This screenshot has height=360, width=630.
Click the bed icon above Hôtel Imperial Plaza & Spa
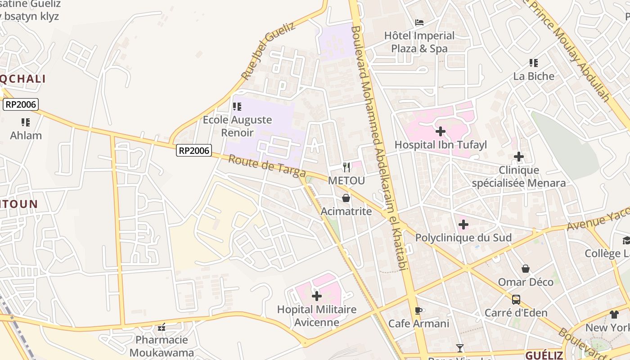coord(419,22)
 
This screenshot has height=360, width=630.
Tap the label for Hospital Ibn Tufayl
coord(441,145)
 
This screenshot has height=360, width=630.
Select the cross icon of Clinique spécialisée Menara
coord(519,157)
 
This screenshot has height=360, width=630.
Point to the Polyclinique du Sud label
coord(463,238)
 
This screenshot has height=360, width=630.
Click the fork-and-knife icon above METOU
coord(346,167)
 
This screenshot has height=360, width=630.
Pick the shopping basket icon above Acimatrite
coord(346,198)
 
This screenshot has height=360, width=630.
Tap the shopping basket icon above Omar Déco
coord(525,269)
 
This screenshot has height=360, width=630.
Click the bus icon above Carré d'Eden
coord(516,299)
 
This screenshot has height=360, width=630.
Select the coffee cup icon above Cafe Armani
coord(418,310)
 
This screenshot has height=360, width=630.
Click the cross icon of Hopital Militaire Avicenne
coord(317,296)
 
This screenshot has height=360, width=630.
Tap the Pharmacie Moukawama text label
coord(162,346)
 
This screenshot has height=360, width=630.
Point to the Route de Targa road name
coord(267,166)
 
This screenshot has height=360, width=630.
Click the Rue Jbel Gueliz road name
coord(268,50)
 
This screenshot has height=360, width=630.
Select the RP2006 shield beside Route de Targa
coord(194,150)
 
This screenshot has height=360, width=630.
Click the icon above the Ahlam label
coord(26,122)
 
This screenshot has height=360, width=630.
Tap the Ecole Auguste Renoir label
coord(237,126)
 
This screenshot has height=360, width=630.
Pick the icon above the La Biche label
coord(534,63)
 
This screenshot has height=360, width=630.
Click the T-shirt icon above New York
coord(614,314)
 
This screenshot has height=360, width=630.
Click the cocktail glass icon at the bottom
coord(459,348)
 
